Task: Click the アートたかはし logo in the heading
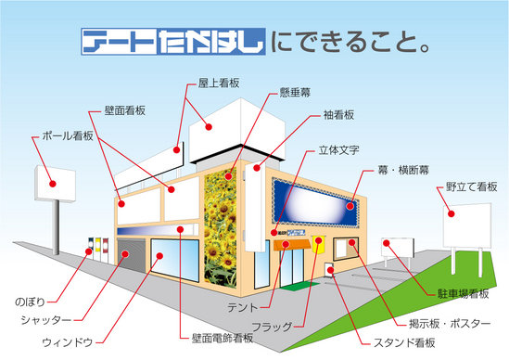173,42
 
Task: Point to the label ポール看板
68,136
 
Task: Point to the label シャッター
45,320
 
